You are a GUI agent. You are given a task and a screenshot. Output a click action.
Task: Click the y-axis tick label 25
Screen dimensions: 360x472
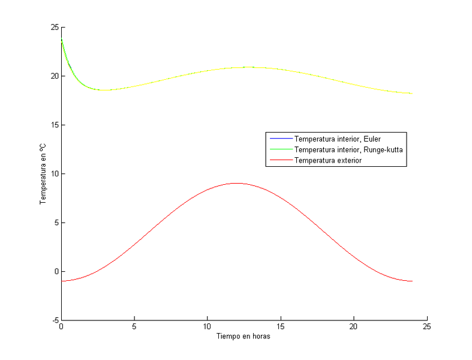pos(55,28)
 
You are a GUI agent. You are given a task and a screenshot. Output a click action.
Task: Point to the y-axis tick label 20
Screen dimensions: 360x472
pos(55,76)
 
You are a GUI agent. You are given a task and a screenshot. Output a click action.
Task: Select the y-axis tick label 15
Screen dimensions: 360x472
pos(55,125)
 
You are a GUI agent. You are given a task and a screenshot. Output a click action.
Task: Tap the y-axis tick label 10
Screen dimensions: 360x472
pos(55,174)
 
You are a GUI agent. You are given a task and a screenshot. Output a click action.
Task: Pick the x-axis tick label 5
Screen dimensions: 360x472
pos(134,328)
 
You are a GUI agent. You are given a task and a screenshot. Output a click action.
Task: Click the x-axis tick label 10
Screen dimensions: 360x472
pos(208,328)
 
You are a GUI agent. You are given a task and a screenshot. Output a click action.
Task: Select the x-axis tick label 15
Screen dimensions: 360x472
pos(281,328)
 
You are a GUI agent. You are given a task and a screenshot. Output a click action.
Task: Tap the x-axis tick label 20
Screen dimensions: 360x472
pos(354,328)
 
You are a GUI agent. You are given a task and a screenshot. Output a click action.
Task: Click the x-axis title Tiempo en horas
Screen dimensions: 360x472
pos(243,337)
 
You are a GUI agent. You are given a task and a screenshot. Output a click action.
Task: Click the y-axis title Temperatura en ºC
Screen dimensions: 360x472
pos(43,174)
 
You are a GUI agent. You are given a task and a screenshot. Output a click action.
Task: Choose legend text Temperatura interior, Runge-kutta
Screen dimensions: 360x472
pos(348,149)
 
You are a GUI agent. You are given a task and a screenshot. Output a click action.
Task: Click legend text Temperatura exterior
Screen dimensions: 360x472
pos(328,160)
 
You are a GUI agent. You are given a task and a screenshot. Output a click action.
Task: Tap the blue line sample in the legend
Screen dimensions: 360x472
pos(279,139)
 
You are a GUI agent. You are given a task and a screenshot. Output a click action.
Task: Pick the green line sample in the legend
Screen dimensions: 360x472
pos(279,149)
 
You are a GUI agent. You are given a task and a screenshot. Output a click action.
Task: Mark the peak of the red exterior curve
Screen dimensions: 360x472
pos(237,183)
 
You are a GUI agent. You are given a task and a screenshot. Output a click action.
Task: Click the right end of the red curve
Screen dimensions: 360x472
pos(412,281)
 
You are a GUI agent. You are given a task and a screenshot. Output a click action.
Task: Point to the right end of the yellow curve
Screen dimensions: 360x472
pos(412,94)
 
